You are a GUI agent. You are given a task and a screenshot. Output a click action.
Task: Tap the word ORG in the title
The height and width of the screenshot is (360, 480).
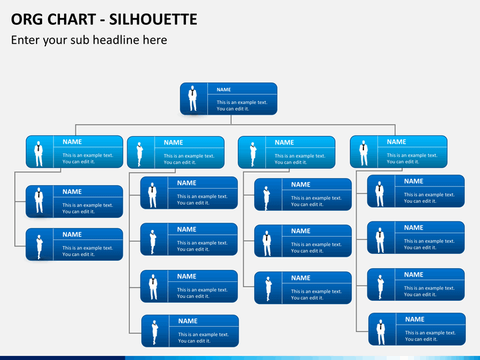click(x=27, y=19)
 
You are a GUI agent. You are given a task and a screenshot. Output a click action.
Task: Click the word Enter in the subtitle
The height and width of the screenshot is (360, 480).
click(x=27, y=40)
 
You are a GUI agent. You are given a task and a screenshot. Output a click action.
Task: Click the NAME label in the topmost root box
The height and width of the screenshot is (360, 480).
click(x=223, y=89)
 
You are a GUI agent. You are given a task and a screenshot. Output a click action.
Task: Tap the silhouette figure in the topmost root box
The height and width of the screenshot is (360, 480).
click(x=193, y=99)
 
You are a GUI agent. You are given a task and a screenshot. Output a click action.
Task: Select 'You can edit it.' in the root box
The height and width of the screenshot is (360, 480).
click(x=233, y=109)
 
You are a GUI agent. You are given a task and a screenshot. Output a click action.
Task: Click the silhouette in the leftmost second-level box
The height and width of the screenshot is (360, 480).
click(x=39, y=153)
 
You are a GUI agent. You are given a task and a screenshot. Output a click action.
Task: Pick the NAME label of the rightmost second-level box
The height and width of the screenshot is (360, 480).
click(x=396, y=141)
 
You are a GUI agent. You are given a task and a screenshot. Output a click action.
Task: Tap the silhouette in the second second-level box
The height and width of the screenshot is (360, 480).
click(x=139, y=153)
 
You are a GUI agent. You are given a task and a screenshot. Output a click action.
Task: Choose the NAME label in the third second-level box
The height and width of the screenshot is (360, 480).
click(x=284, y=142)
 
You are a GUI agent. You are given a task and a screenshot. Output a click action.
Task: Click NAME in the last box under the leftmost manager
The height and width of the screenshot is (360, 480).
click(x=72, y=235)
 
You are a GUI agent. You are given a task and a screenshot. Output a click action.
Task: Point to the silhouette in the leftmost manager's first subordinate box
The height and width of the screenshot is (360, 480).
click(x=39, y=201)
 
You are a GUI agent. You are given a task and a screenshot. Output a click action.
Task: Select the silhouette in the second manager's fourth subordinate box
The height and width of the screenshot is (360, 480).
click(x=155, y=331)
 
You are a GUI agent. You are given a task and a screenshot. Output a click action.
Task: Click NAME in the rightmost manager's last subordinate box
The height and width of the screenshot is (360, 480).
click(x=414, y=319)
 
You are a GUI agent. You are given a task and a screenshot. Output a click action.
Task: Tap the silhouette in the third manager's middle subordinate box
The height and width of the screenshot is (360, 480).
click(x=267, y=242)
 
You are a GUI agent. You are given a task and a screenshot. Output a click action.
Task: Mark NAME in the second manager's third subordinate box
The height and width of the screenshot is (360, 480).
click(x=187, y=276)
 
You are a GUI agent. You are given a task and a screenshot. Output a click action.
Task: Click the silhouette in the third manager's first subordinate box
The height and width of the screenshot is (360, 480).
click(x=267, y=195)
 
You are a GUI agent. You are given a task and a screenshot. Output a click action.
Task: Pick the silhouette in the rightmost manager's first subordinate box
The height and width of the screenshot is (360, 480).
click(x=379, y=193)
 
